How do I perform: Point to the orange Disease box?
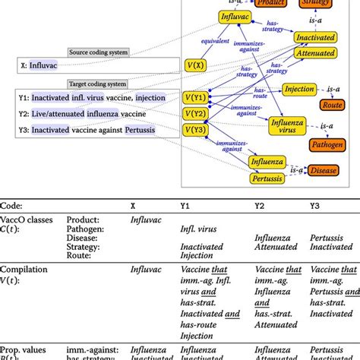[x=324, y=170]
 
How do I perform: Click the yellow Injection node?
[x=299, y=90]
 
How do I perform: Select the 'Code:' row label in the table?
[x=14, y=205]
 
